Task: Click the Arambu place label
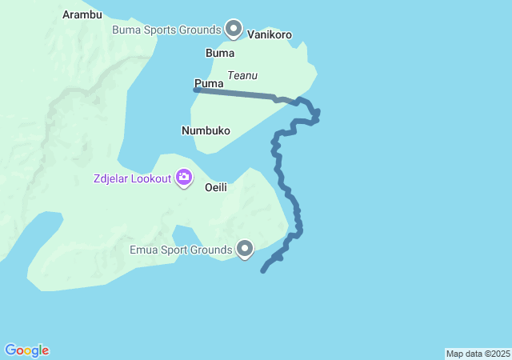[82, 14]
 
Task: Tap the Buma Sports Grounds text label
[166, 30]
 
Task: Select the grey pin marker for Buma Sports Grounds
[234, 29]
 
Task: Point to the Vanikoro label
[270, 35]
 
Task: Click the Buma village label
[220, 54]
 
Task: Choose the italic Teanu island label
[242, 75]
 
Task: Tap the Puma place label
[208, 83]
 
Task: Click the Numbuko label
[206, 130]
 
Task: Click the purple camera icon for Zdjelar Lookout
[184, 177]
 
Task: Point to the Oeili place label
[216, 187]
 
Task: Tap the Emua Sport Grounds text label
[181, 250]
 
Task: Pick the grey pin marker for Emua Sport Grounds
[245, 250]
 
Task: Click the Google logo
[26, 350]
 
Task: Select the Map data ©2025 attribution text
[478, 354]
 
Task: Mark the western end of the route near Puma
[196, 90]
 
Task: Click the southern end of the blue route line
[263, 271]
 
